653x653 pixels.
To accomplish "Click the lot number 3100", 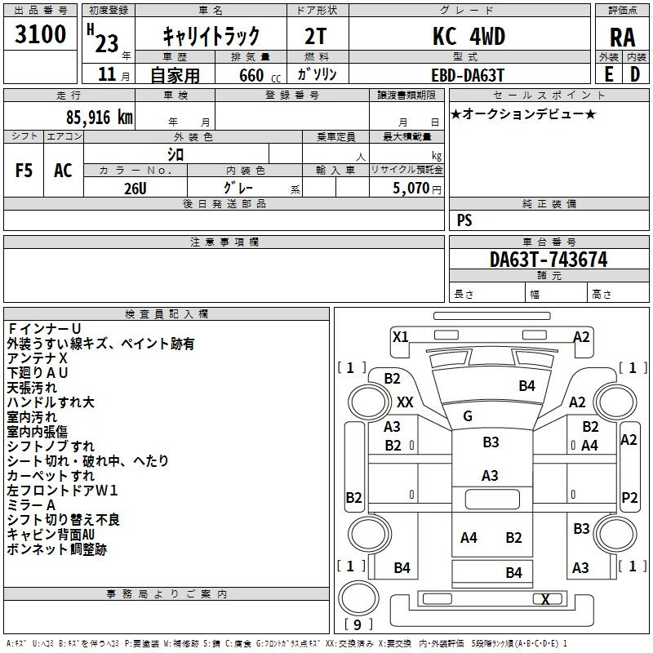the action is [x=41, y=34].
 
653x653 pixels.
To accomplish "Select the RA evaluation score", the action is [x=622, y=38].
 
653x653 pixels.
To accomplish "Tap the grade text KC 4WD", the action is [x=469, y=36].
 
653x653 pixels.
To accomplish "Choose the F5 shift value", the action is [x=24, y=171].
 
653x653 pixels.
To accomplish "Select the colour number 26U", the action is [x=136, y=187].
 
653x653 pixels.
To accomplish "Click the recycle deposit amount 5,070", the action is [x=406, y=188].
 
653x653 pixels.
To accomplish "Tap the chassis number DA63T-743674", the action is [x=549, y=260].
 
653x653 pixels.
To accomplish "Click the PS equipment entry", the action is [x=464, y=220].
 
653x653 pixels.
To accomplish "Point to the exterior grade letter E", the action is [x=608, y=73].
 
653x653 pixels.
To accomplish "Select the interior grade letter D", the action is [x=635, y=73].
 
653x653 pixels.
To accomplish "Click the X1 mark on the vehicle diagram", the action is [x=400, y=336].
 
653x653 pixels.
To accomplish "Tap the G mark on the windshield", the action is [x=468, y=416].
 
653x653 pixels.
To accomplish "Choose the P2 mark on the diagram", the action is [x=629, y=497].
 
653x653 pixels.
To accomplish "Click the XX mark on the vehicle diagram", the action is [x=405, y=402].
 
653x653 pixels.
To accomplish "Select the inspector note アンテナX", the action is [x=38, y=358].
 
